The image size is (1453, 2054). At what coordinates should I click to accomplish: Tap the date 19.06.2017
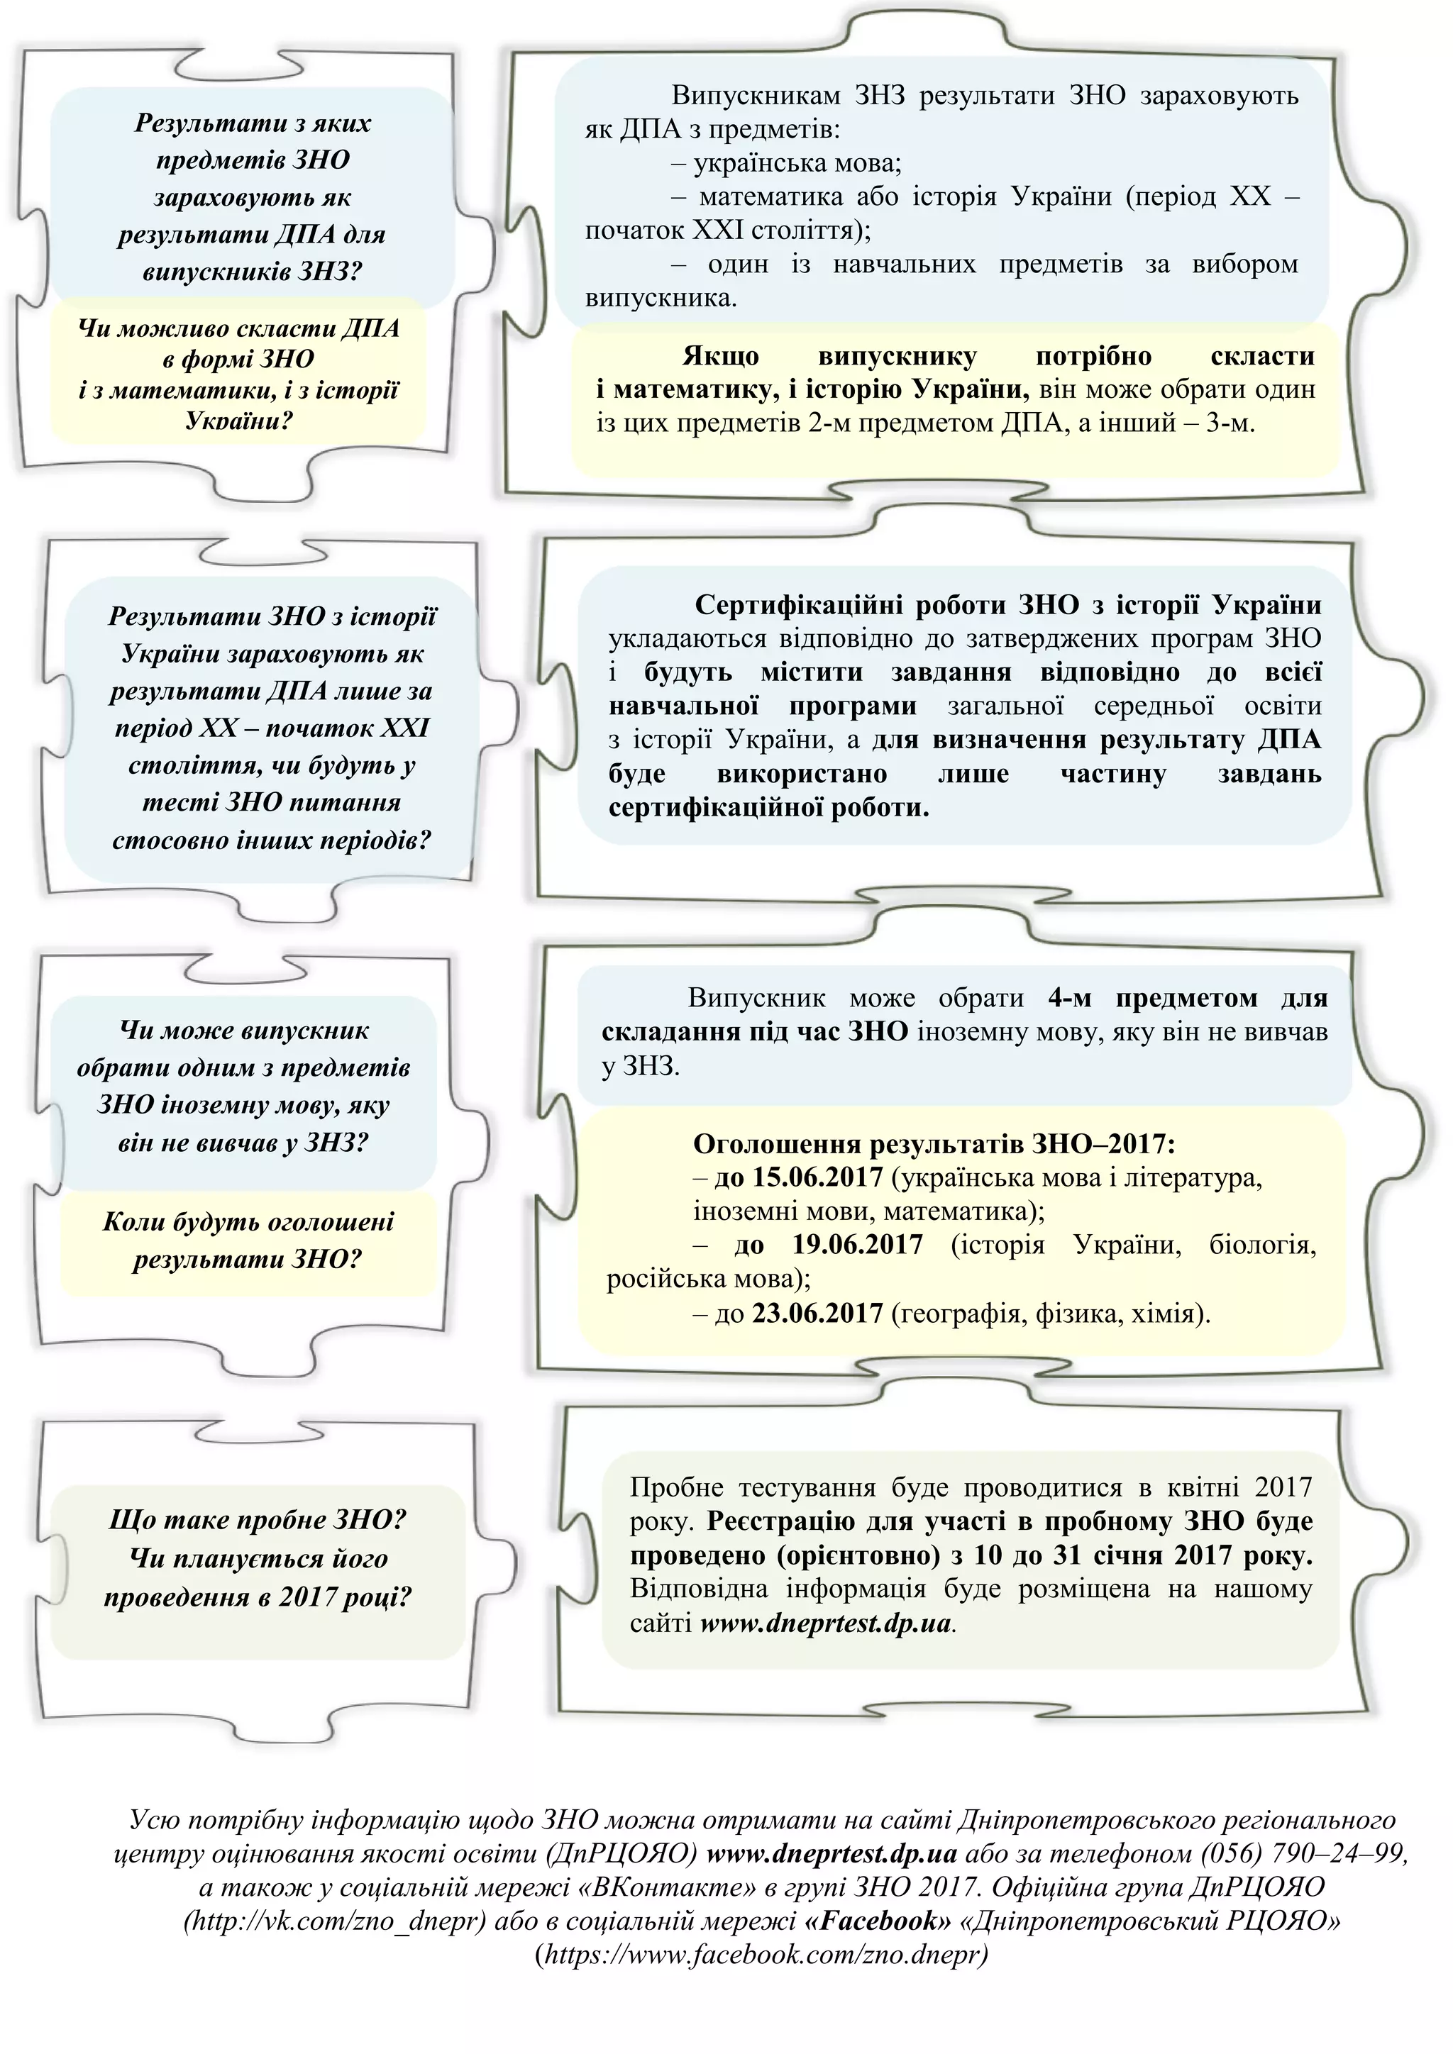[856, 1245]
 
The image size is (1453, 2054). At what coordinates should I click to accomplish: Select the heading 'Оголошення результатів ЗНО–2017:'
[933, 1143]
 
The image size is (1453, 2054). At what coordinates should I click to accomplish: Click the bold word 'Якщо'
[720, 356]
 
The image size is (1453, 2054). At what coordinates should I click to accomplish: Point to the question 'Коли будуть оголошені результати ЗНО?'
[248, 1240]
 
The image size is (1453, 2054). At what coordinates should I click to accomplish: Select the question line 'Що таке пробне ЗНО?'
[258, 1519]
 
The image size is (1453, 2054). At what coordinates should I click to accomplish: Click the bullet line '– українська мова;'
[785, 163]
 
